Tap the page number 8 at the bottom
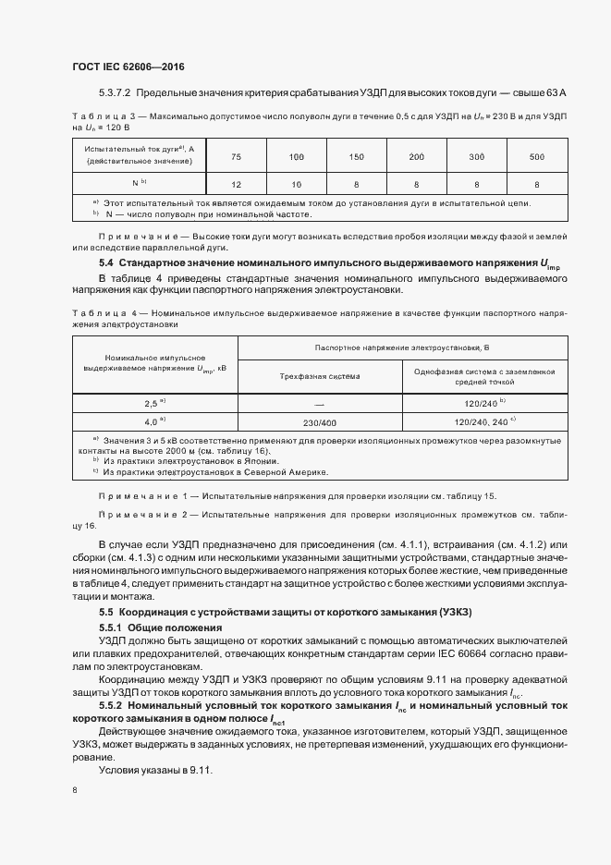pos(75,789)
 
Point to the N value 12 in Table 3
pos(237,183)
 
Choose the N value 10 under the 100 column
pos(297,183)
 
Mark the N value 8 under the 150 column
pos(357,183)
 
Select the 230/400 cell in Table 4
pos(320,422)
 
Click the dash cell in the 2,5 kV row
pos(320,403)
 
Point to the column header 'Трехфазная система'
pos(320,376)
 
